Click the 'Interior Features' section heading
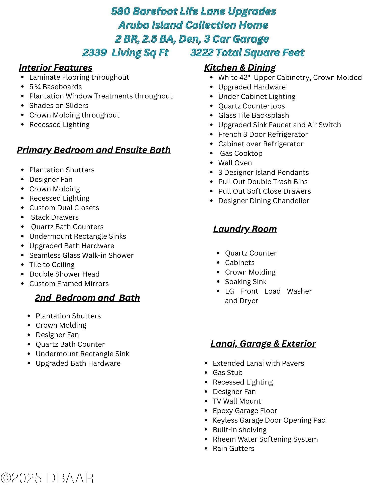pos(55,68)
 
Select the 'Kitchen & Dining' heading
pos(240,68)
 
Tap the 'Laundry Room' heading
pos(245,229)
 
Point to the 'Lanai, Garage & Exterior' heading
pos(263,344)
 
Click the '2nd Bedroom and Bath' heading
pos(87,298)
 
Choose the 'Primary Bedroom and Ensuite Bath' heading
pos(94,150)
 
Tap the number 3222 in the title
pos(202,53)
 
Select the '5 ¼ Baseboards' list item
pos(56,87)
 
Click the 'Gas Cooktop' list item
pos(241,154)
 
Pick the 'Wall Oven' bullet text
pos(235,163)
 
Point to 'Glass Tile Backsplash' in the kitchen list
pos(253,115)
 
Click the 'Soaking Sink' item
pos(245,282)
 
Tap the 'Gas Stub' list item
pos(227,373)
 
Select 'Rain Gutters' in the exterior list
pos(233,449)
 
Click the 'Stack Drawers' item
pos(55,217)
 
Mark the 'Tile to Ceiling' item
pos(52,265)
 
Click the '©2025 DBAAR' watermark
pos(47,478)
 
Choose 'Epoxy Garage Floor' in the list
pos(245,411)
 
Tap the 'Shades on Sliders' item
pos(59,106)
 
